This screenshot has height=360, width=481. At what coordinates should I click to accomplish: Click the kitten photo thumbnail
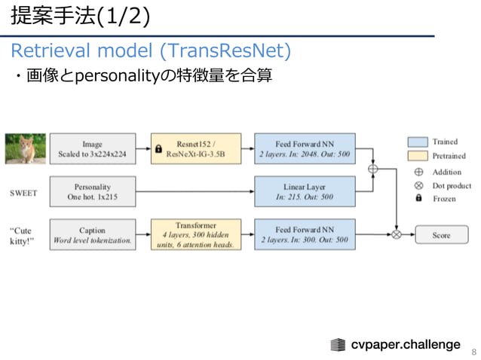coord(25,149)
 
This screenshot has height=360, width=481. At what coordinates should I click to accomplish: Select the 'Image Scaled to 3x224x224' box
coord(93,149)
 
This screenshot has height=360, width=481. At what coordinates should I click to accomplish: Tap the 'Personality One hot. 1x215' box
coord(93,191)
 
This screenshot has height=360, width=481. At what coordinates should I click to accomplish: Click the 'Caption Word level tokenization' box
coord(93,235)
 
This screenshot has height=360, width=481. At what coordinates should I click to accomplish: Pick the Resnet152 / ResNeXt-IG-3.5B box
coord(196,149)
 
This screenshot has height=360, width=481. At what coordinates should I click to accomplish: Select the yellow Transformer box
coord(196,234)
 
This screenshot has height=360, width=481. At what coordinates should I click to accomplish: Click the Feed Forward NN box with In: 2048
coord(304,149)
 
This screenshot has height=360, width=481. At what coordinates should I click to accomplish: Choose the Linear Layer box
coord(304,191)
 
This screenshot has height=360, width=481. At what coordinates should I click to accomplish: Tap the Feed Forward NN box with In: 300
coord(304,234)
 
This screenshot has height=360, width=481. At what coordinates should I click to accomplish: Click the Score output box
coord(441,235)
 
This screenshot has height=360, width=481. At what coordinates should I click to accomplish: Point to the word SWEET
coord(23,192)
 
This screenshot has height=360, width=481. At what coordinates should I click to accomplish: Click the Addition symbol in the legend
coord(418,172)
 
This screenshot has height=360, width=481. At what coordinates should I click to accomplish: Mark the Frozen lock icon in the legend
coord(418,200)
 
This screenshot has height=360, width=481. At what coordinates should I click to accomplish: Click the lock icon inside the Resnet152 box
coord(158,149)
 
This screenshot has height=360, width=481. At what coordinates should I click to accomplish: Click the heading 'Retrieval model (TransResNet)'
coord(150,51)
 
